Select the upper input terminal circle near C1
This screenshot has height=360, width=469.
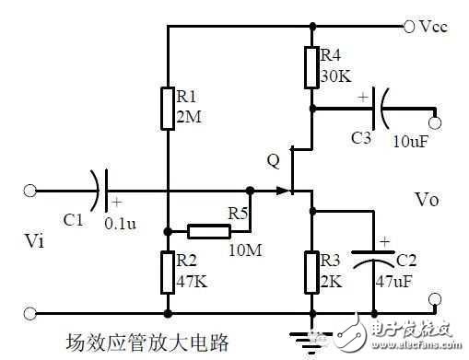(30, 191)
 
